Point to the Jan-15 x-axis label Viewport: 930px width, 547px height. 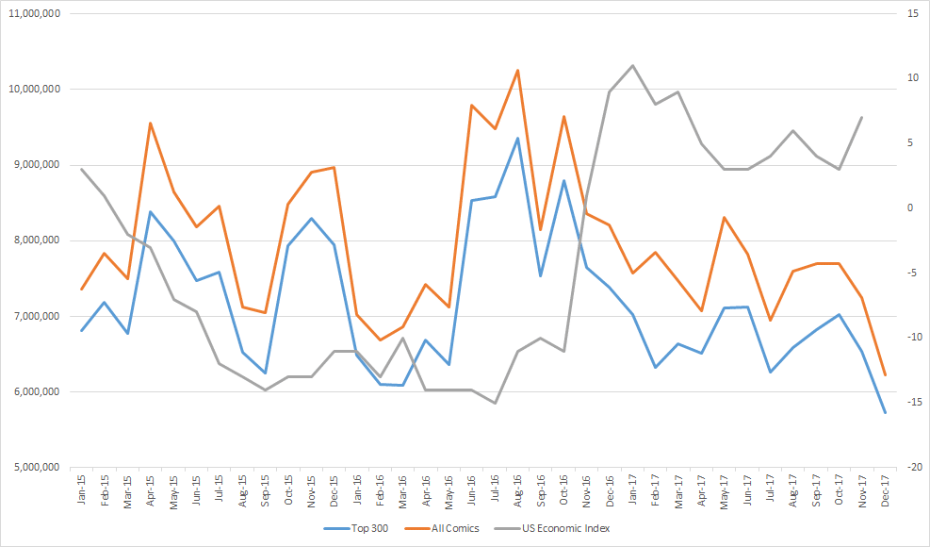click(x=82, y=489)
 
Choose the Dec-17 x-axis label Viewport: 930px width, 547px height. click(x=885, y=489)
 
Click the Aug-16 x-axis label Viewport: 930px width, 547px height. click(x=517, y=489)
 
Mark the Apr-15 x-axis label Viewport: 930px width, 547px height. click(x=151, y=489)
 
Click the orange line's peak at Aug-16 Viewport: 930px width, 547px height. click(x=517, y=70)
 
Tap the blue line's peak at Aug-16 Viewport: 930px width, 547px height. click(x=517, y=138)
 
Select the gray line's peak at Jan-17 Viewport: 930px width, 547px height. click(x=632, y=66)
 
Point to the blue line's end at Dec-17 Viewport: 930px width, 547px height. click(x=885, y=412)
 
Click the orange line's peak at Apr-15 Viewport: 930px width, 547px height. click(x=151, y=123)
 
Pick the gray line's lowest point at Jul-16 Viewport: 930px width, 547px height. click(x=495, y=403)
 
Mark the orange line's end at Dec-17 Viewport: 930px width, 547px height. click(x=885, y=375)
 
